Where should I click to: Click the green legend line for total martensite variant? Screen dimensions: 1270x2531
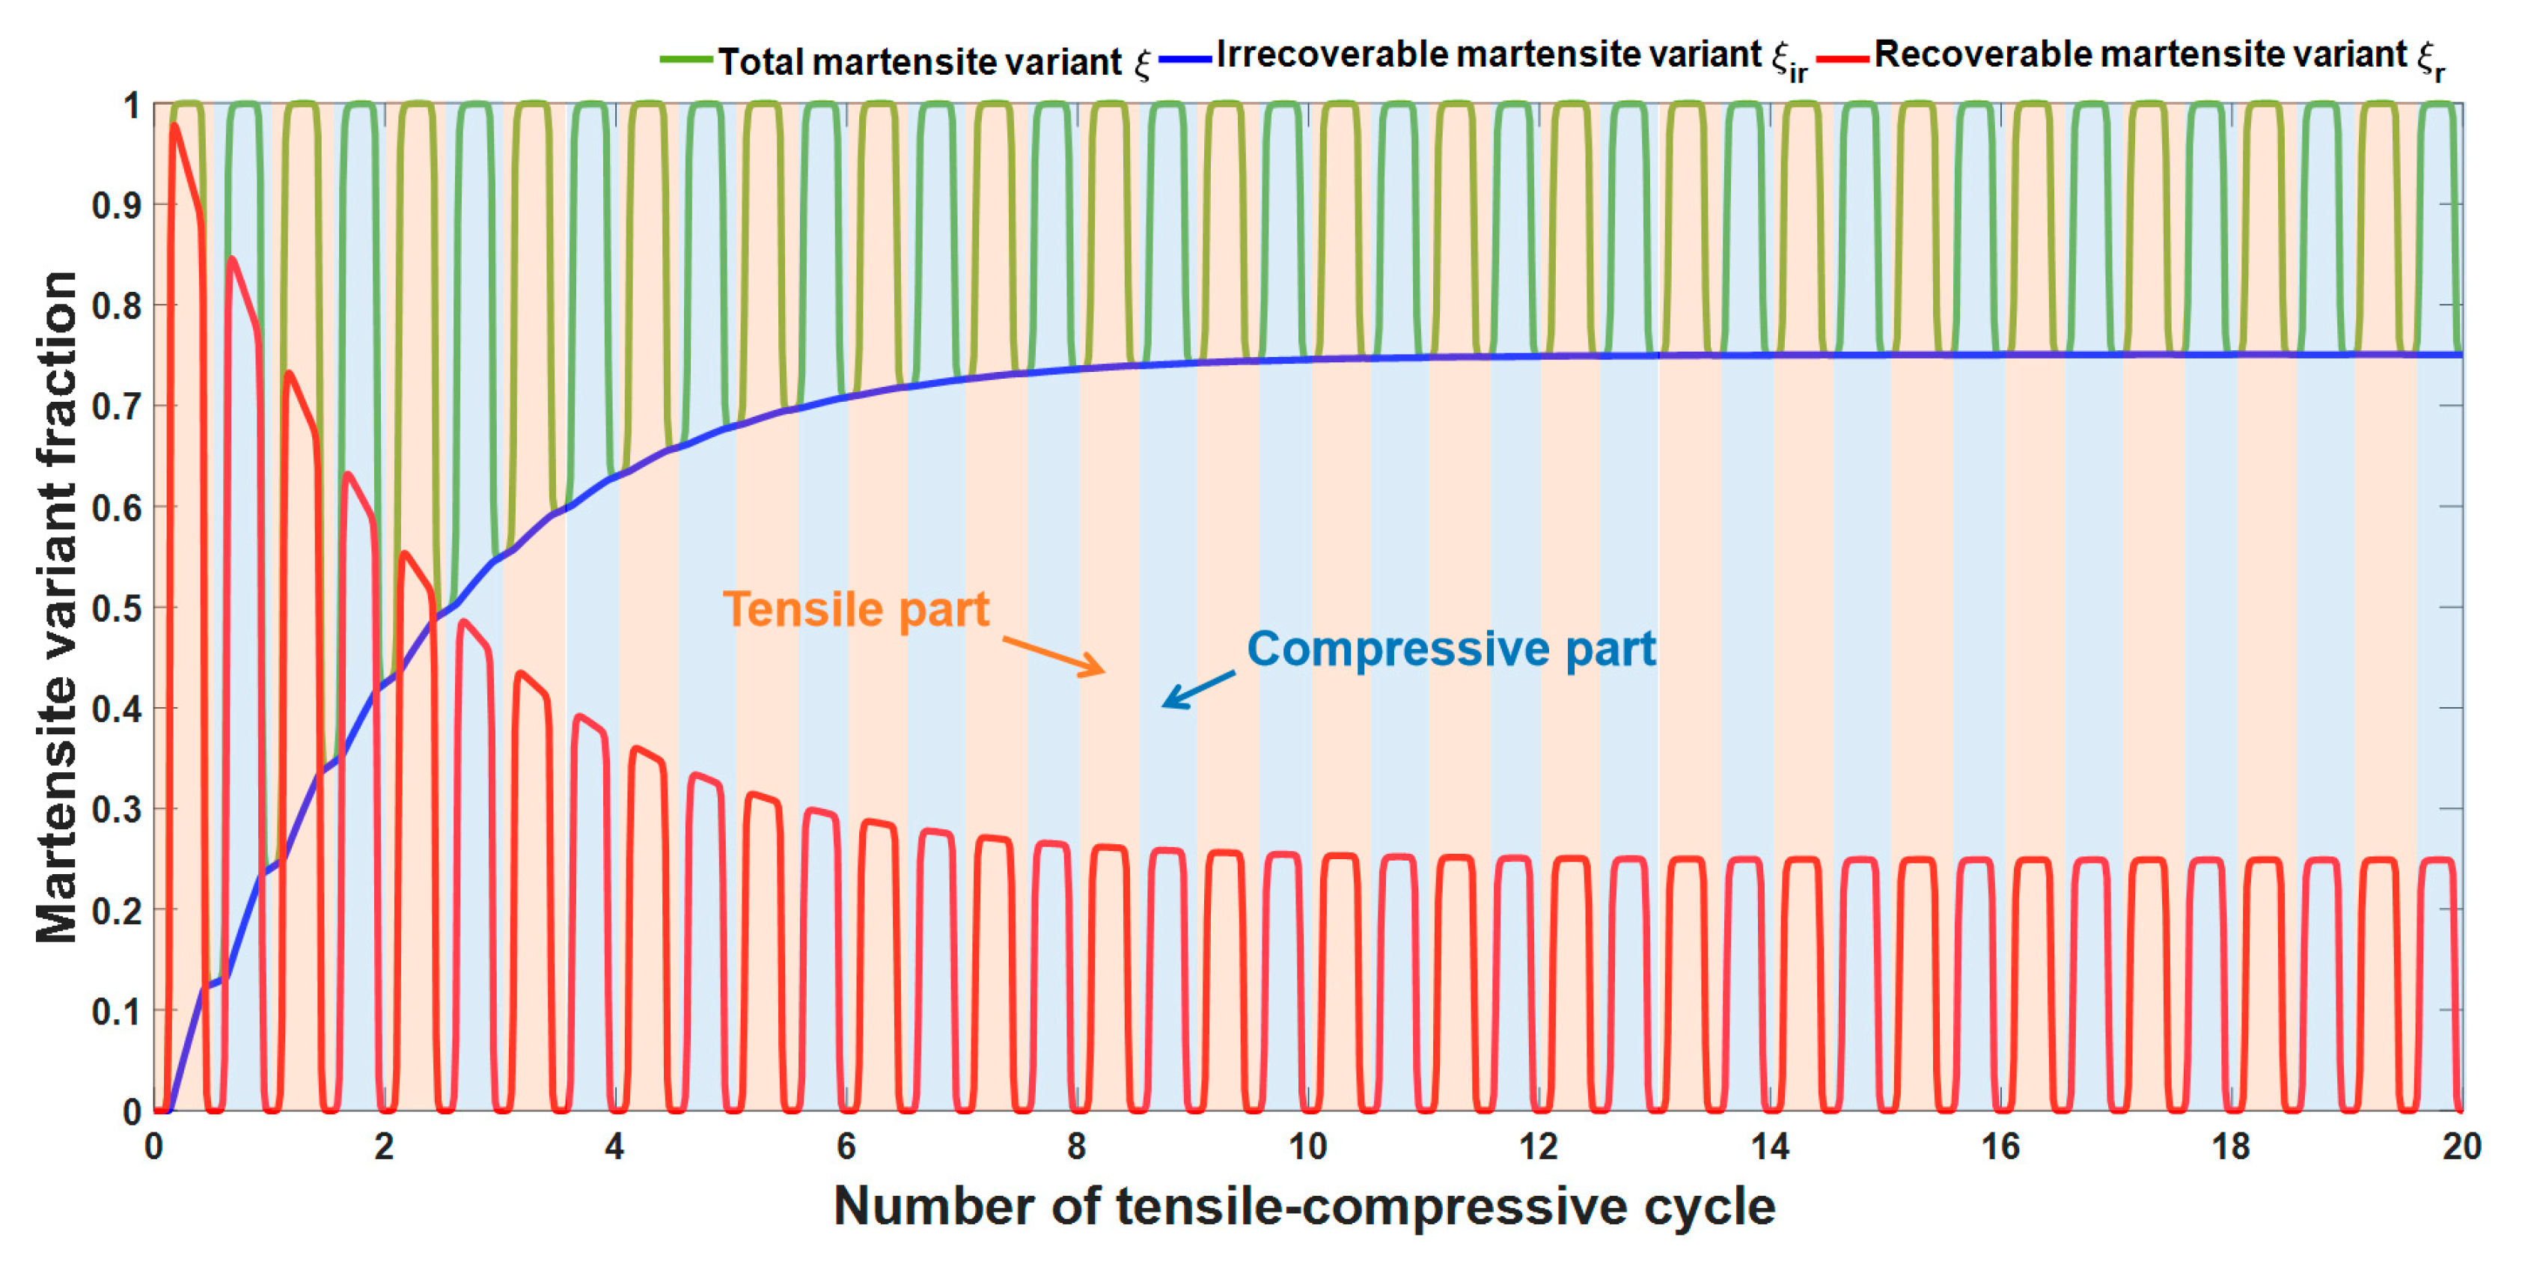[686, 60]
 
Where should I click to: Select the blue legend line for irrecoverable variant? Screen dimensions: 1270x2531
[1184, 60]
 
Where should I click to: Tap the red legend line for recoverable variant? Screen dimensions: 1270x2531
[1842, 60]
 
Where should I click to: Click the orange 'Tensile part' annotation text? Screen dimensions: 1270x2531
[856, 610]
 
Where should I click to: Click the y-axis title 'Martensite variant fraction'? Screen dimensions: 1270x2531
[56, 607]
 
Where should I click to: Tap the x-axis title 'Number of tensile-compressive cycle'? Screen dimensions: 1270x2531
[1304, 1206]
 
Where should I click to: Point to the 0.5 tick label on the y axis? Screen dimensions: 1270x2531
[117, 608]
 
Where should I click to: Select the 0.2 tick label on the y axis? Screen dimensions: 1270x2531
[117, 911]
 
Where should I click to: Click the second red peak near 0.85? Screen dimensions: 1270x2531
[232, 259]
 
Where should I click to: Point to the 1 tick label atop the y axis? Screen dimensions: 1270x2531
[132, 105]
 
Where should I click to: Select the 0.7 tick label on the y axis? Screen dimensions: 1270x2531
[117, 406]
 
